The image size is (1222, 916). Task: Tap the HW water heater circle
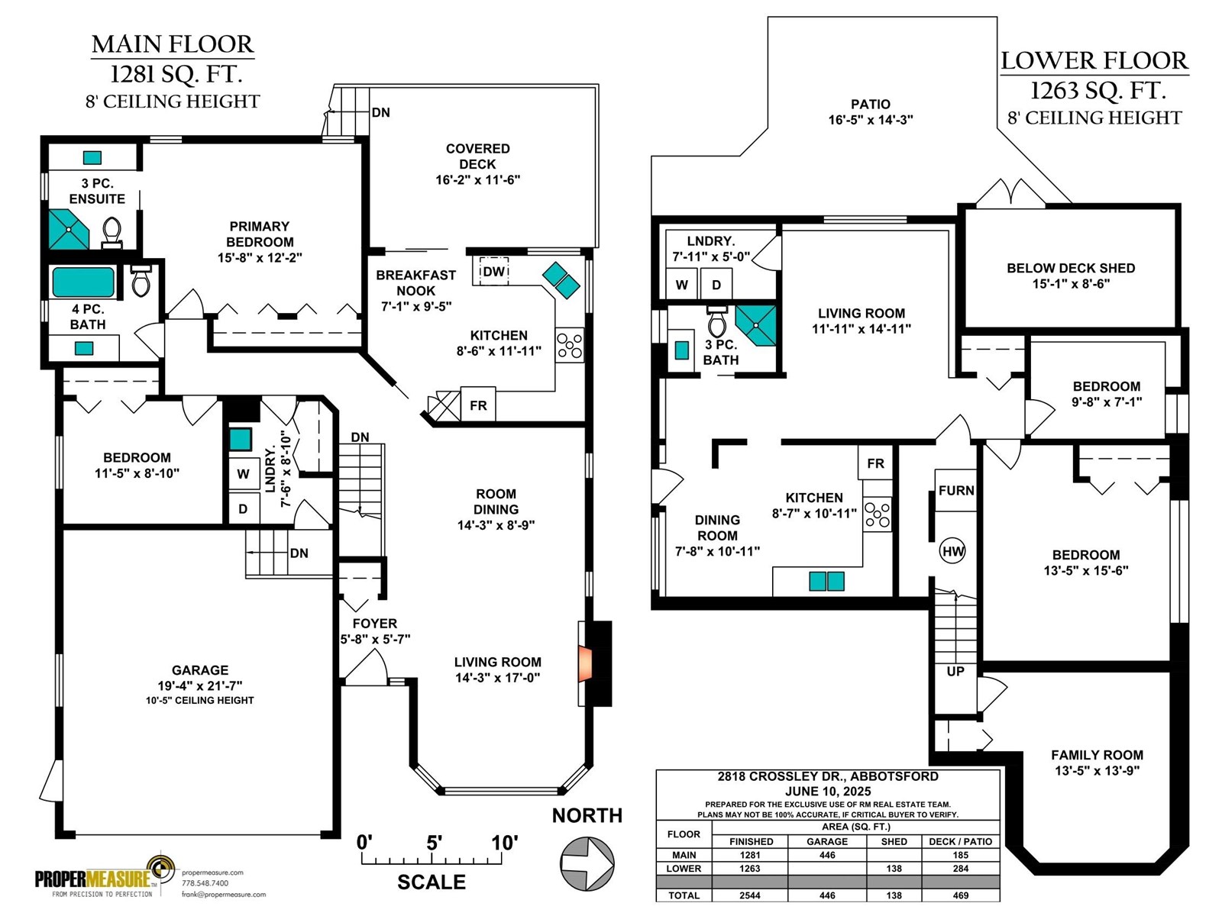click(952, 551)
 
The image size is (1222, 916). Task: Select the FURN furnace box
click(955, 490)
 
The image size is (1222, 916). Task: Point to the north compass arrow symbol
click(587, 864)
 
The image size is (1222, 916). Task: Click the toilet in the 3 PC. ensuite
click(112, 233)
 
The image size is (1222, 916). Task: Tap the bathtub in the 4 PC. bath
click(83, 282)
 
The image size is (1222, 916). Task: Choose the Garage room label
click(200, 684)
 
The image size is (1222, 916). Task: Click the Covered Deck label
click(477, 164)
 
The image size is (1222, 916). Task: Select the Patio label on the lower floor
click(870, 111)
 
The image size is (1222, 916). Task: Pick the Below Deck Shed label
click(1071, 276)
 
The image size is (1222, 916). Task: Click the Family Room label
click(1097, 763)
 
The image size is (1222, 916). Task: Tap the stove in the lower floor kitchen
click(877, 514)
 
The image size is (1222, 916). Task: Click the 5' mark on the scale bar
click(435, 843)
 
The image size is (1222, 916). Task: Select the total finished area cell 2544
click(750, 895)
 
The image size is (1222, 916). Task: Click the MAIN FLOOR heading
click(173, 44)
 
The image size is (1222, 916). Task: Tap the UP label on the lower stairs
click(955, 671)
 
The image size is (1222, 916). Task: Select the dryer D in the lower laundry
click(716, 284)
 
